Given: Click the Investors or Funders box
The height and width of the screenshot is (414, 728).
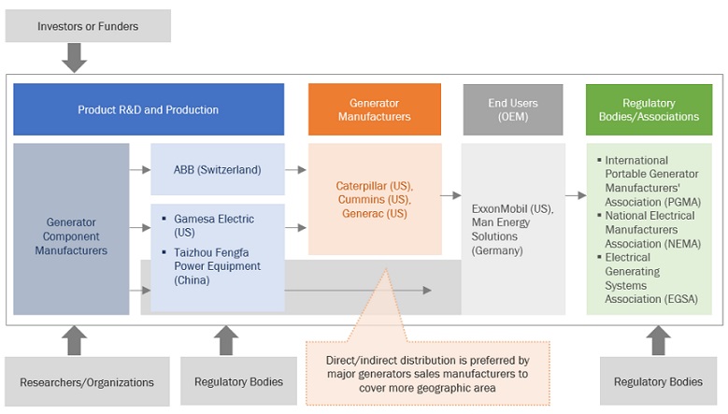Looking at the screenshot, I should (88, 26).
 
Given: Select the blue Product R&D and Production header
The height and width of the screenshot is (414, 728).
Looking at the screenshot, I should (148, 109).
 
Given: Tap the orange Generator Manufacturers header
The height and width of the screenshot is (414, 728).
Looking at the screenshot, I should (374, 109).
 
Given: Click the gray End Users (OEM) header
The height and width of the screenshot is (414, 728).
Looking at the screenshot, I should (512, 109).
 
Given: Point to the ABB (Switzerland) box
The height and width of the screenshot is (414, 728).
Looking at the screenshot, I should (217, 169).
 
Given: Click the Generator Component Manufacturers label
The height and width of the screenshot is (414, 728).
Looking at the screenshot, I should (70, 236).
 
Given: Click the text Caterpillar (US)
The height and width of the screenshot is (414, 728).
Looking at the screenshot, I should (374, 185).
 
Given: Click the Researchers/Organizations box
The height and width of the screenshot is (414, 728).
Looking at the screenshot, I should (87, 382).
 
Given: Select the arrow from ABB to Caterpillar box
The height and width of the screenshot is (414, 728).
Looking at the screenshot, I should (297, 169).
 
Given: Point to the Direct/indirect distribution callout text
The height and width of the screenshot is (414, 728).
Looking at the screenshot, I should (427, 372).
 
